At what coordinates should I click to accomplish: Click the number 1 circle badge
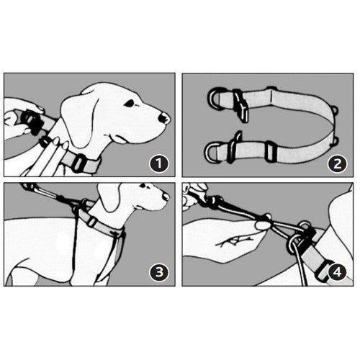(x=159, y=163)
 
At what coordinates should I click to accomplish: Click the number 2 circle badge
(x=338, y=163)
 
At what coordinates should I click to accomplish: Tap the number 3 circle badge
(x=159, y=272)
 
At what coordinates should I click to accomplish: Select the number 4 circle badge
(x=338, y=272)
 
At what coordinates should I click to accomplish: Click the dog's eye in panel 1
(x=130, y=103)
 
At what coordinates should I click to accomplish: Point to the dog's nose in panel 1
(x=163, y=118)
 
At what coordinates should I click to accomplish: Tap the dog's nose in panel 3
(x=166, y=197)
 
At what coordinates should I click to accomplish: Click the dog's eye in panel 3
(x=143, y=186)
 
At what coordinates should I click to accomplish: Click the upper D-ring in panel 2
(x=215, y=99)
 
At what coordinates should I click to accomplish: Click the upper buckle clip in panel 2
(x=240, y=106)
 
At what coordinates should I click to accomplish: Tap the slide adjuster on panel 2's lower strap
(x=271, y=152)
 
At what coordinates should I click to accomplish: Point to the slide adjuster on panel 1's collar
(x=79, y=163)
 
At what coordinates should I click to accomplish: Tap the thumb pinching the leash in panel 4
(x=263, y=225)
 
